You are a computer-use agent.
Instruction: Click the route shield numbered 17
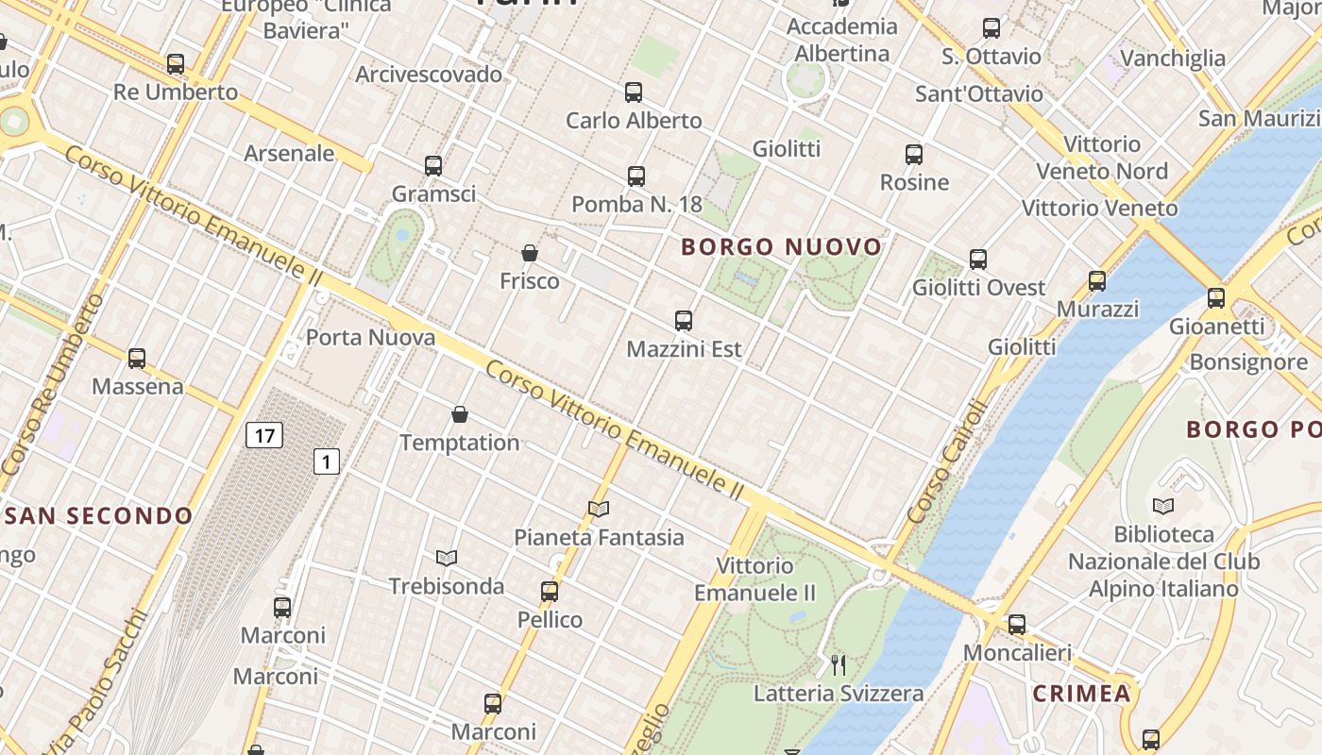[264, 435]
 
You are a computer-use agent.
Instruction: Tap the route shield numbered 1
[327, 461]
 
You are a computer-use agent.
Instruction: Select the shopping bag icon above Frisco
[530, 253]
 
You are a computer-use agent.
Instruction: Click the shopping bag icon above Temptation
[460, 413]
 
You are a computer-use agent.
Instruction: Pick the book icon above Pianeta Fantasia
[599, 509]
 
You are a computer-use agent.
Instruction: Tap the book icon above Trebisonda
[447, 558]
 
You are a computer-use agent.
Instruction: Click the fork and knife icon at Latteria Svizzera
[839, 664]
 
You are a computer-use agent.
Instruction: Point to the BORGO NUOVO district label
[781, 247]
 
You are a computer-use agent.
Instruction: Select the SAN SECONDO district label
[98, 516]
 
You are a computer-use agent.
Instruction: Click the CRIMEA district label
[1081, 694]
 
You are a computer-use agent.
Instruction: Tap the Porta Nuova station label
[371, 337]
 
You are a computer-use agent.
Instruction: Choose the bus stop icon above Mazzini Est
[684, 321]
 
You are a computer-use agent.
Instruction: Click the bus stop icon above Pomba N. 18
[636, 176]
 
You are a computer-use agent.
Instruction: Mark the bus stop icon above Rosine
[914, 154]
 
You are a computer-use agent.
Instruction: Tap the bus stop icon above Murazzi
[1097, 280]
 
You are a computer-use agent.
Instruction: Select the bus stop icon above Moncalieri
[1017, 624]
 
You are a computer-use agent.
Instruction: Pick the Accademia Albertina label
[841, 40]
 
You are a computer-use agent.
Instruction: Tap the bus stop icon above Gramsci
[433, 166]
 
